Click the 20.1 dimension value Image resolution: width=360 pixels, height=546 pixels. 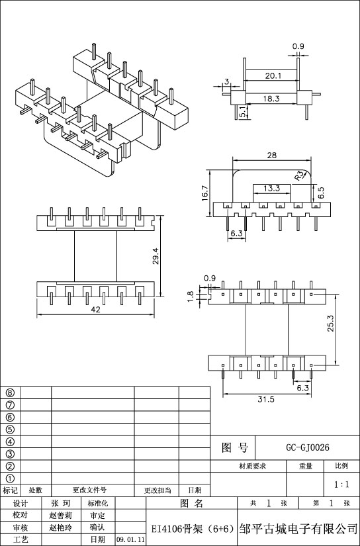tap(273, 75)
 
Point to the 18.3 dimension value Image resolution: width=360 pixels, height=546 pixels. tap(271, 99)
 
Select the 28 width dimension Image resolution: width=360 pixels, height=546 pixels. tap(271, 156)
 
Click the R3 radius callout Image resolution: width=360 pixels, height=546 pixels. tap(299, 176)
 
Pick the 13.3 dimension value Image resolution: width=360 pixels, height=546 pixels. tap(271, 189)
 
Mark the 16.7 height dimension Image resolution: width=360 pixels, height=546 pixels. tap(204, 193)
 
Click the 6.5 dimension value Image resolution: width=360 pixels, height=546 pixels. tap(321, 193)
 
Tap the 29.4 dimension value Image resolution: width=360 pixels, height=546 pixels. tap(156, 256)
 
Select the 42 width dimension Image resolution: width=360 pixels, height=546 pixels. tap(95, 310)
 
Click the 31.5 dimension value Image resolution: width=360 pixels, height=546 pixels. tap(266, 399)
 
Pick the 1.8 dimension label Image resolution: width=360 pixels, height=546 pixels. tap(190, 296)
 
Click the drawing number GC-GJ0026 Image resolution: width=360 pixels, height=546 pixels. tap(308, 447)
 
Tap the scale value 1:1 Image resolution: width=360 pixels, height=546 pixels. tap(341, 484)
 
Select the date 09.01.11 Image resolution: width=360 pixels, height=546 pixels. tap(130, 540)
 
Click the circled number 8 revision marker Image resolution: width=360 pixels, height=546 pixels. tap(11, 392)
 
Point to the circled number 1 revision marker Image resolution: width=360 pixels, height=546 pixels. tap(11, 478)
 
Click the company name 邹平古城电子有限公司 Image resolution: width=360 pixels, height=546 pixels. tap(298, 529)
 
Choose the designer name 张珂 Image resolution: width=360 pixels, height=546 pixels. tap(61, 504)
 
